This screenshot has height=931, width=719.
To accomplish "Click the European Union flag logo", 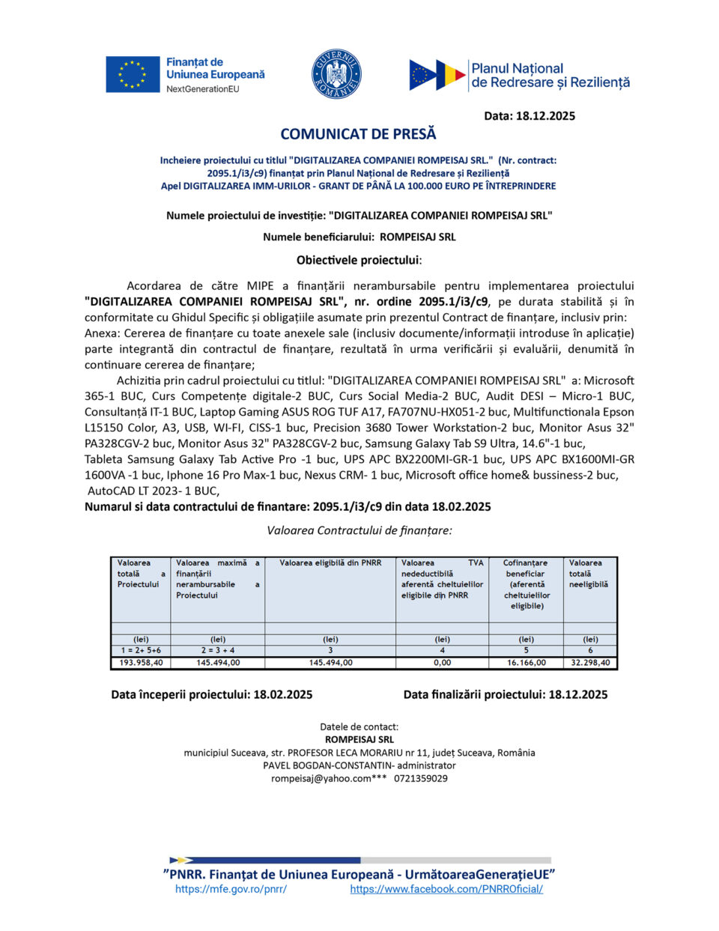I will click(x=133, y=74).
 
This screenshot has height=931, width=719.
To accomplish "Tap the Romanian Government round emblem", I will click(x=336, y=74).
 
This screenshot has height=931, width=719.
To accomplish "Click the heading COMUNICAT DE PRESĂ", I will click(x=358, y=134).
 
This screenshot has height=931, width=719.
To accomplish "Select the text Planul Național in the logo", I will click(x=517, y=68).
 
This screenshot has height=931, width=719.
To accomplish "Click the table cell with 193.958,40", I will click(x=141, y=663).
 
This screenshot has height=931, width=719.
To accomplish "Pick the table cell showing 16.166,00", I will click(x=526, y=663).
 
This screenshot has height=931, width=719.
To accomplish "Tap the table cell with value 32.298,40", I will click(x=590, y=663).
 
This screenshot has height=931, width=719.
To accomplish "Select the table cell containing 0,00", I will click(x=442, y=663).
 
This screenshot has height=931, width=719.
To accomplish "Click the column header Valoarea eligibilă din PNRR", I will click(x=330, y=562).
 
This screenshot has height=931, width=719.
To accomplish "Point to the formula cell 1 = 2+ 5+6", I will click(x=141, y=650).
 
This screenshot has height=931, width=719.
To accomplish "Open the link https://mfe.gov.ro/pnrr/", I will click(x=231, y=889).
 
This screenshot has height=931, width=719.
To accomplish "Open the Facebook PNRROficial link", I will click(x=446, y=889).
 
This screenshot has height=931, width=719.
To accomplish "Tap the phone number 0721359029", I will click(x=421, y=778).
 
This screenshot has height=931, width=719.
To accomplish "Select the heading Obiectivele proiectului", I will click(x=359, y=261).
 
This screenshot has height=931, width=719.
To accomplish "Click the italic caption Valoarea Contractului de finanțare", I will click(x=359, y=530).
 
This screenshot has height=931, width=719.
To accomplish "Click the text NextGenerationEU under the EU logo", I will click(x=203, y=89).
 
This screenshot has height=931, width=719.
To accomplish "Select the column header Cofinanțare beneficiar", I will click(x=526, y=568).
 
